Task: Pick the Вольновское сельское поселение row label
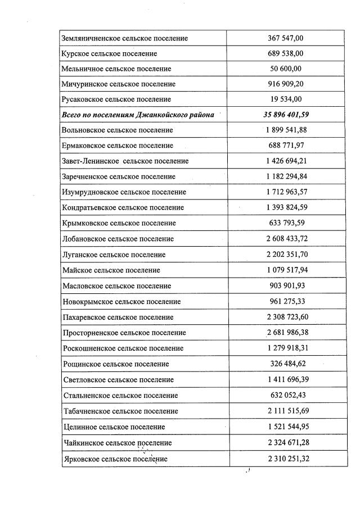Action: pyautogui.click(x=118, y=130)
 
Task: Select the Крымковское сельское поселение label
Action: pyautogui.click(x=119, y=223)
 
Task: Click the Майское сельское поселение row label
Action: pyautogui.click(x=111, y=270)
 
